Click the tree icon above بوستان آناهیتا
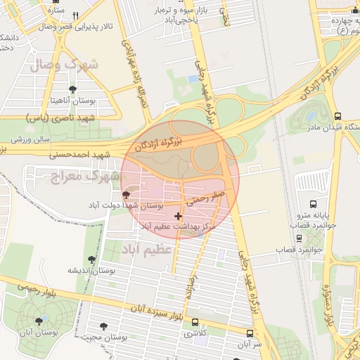(72, 89)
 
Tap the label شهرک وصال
(63, 65)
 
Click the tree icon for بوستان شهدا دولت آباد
(126, 195)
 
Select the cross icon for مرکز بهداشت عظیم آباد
(176, 215)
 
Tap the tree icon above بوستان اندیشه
(91, 259)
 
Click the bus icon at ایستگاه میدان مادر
(338, 116)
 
